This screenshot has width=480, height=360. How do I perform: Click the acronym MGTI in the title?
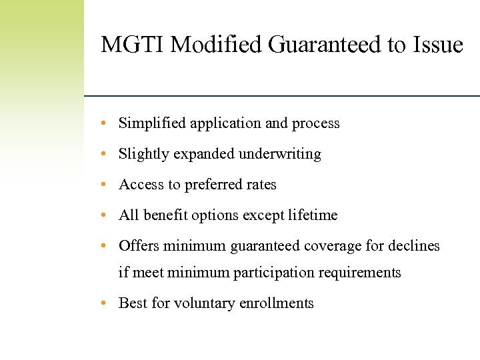133,45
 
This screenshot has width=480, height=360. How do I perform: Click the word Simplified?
152,123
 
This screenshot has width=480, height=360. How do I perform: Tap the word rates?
261,185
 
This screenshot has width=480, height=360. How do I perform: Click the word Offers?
137,246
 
